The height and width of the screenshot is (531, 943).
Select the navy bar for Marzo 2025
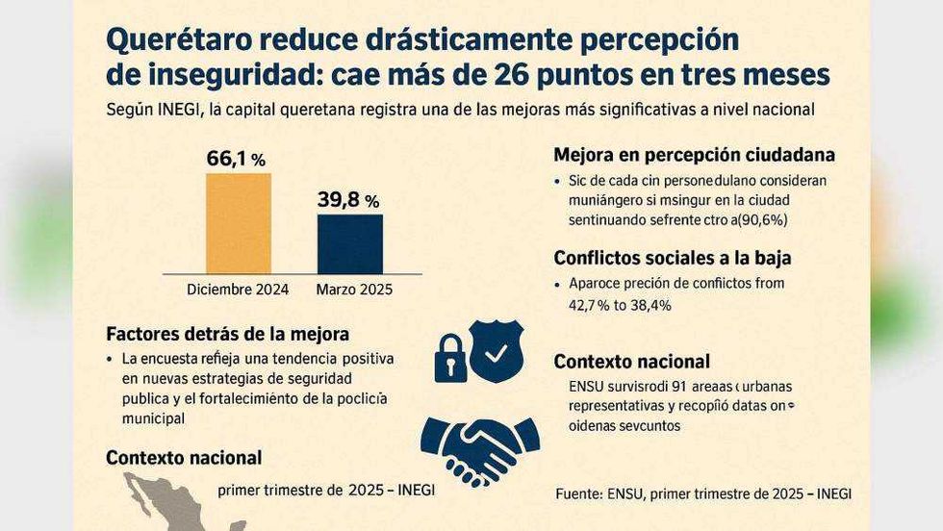pos(350,244)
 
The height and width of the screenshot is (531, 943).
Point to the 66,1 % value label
pos(236,159)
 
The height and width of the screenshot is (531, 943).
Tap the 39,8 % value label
pos(347,200)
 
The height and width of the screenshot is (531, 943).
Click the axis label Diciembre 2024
pos(239,289)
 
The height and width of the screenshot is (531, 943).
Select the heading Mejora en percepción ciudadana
pos(694,155)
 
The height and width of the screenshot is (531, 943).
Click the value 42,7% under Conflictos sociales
pos(594,305)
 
